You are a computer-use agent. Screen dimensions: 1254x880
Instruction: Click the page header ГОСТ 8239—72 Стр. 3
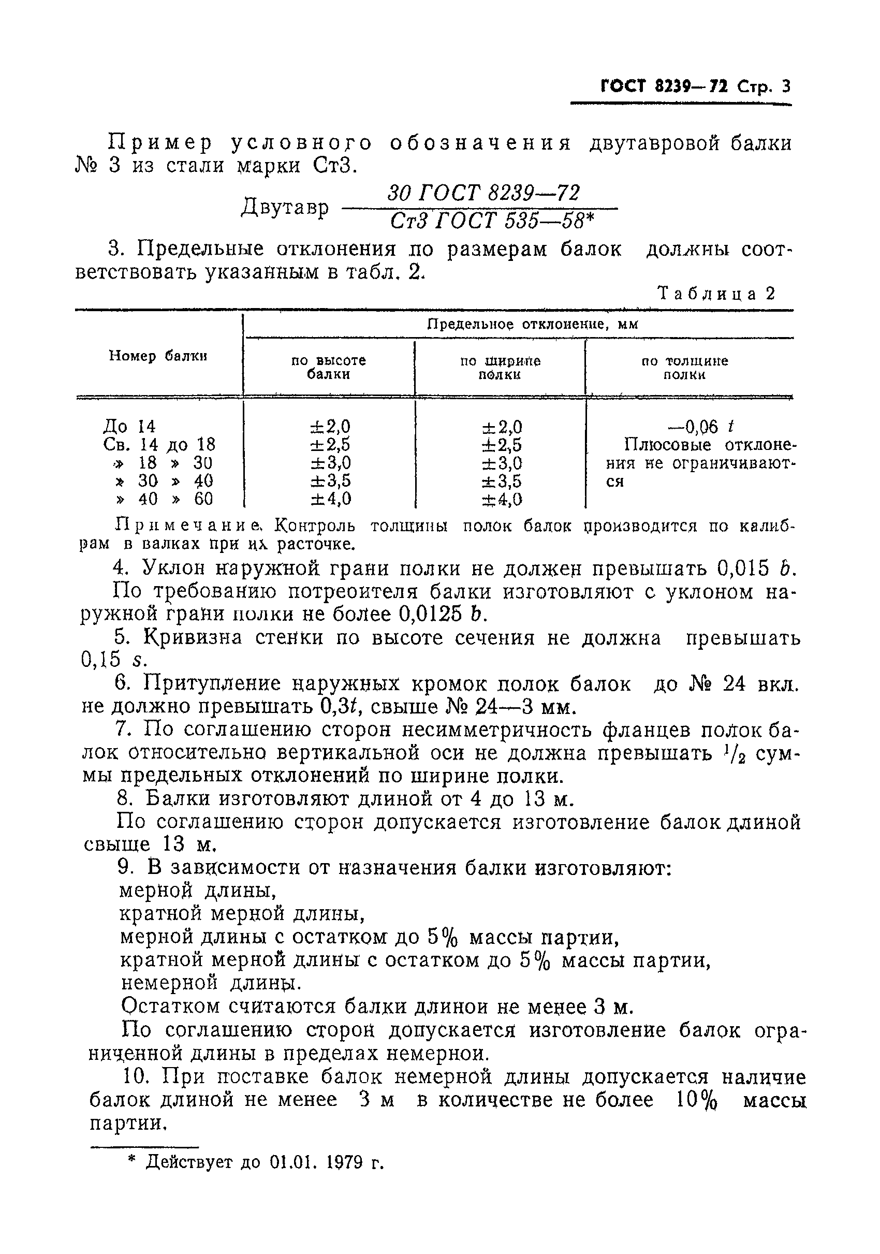tap(695, 87)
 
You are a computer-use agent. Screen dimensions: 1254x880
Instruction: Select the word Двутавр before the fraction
tap(285, 208)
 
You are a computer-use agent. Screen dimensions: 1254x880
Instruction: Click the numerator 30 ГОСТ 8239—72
tap(483, 194)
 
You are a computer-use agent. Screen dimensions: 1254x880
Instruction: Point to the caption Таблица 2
tap(717, 294)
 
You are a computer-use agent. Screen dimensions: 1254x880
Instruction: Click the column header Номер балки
tap(158, 356)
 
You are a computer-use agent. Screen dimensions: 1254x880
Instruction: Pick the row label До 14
tap(129, 426)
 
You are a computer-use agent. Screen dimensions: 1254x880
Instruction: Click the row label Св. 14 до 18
tap(159, 444)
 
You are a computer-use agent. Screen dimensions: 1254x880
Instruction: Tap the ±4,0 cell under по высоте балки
tap(331, 499)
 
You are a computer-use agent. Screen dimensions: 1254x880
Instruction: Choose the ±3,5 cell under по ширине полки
tap(501, 481)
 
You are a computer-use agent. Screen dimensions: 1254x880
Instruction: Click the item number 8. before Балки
tap(125, 799)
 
